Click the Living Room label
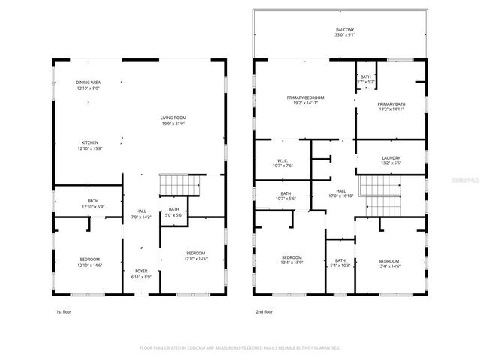[x=172, y=118]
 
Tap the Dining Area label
[x=88, y=82]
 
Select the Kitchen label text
[x=89, y=142]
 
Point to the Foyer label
[x=141, y=271]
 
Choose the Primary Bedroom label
[x=305, y=97]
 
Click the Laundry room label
[x=390, y=157]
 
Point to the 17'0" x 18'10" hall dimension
[x=341, y=196]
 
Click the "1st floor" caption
[x=64, y=310]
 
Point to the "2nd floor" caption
[x=264, y=310]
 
